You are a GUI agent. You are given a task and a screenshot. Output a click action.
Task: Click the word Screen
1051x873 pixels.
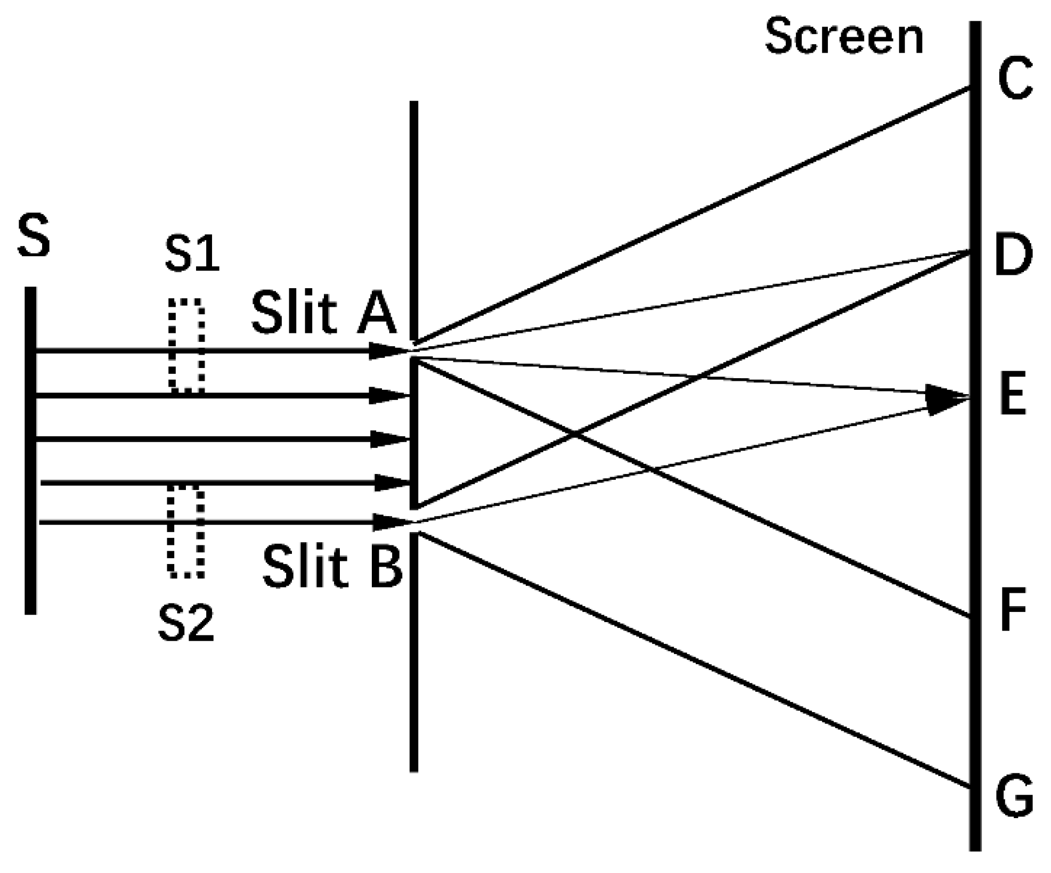coord(844,37)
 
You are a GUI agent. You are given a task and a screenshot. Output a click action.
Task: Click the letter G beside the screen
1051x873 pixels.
coord(1014,796)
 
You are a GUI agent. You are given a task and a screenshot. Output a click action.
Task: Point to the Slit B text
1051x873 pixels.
coord(332,567)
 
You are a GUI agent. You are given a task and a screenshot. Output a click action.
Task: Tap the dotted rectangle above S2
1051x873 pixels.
coord(186,531)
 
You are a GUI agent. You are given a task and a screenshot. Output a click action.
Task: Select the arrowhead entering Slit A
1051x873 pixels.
coord(388,350)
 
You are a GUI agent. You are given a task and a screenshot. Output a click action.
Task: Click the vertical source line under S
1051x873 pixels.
coord(31,450)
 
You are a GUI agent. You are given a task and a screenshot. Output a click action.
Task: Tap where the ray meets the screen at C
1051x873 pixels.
coord(969,88)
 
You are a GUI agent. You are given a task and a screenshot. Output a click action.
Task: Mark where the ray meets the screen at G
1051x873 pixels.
coord(969,786)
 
